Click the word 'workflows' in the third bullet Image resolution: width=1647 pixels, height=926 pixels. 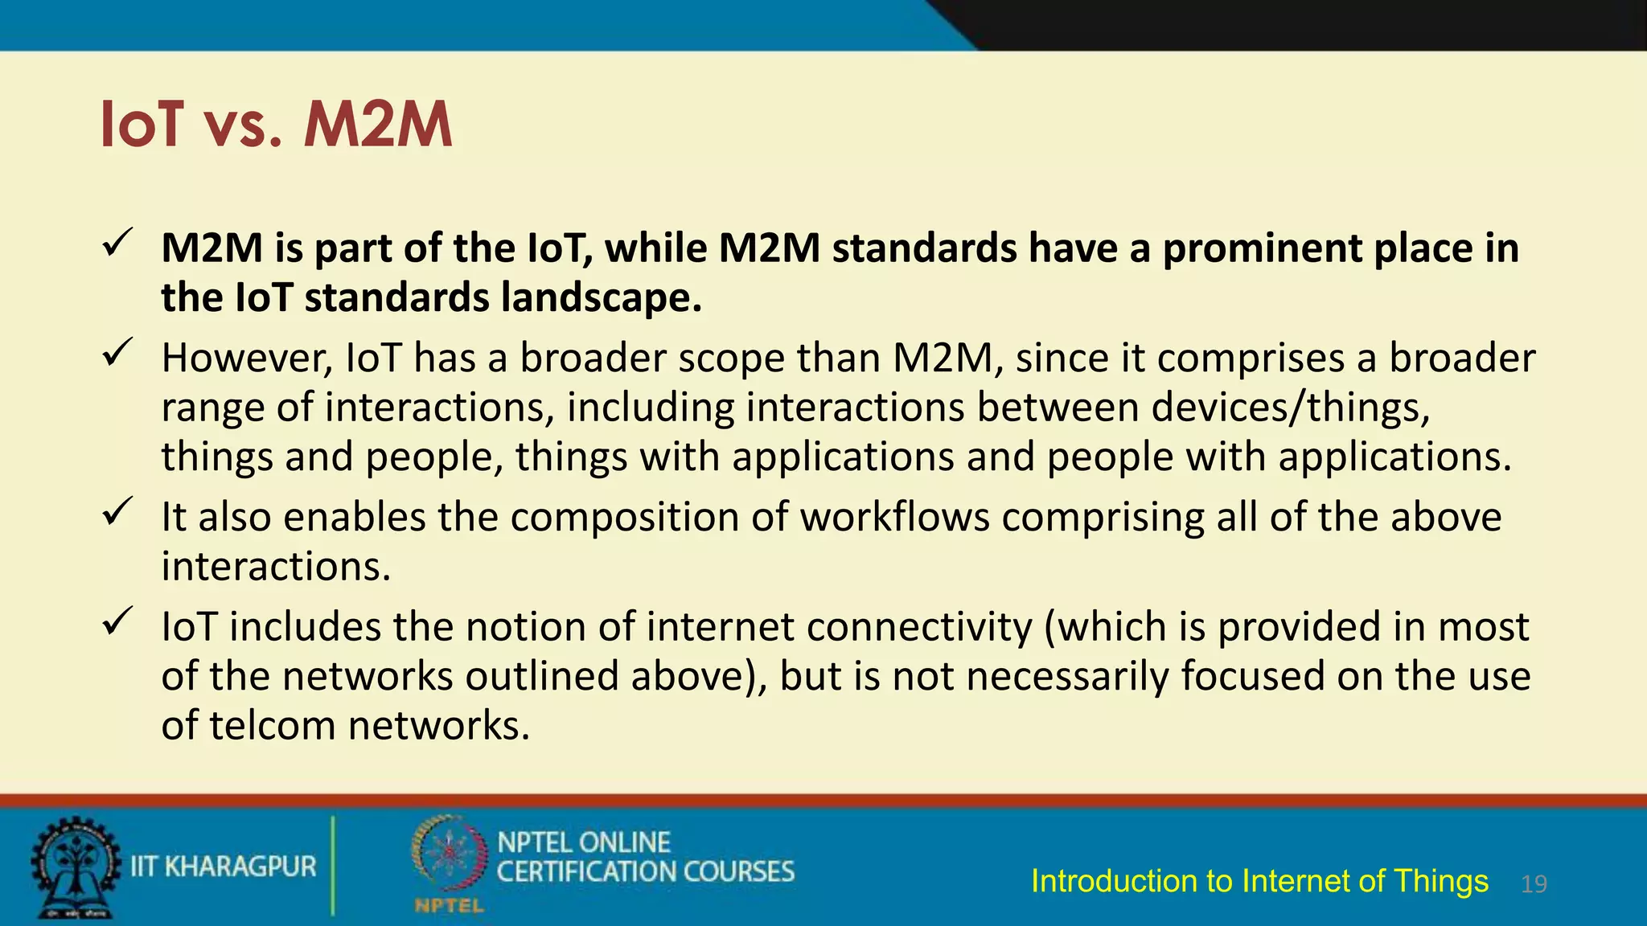[x=894, y=517]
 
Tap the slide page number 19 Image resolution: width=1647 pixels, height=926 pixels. [x=1534, y=884]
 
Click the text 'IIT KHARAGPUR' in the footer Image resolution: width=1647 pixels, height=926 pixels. [x=224, y=867]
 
